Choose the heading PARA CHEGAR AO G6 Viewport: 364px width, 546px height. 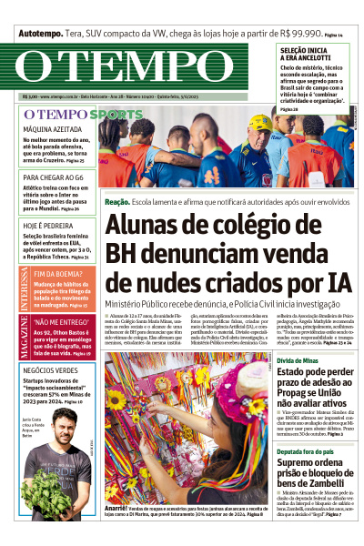(x=55, y=177)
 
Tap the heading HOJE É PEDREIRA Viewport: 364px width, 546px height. (x=47, y=224)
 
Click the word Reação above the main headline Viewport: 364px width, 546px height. (x=117, y=200)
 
